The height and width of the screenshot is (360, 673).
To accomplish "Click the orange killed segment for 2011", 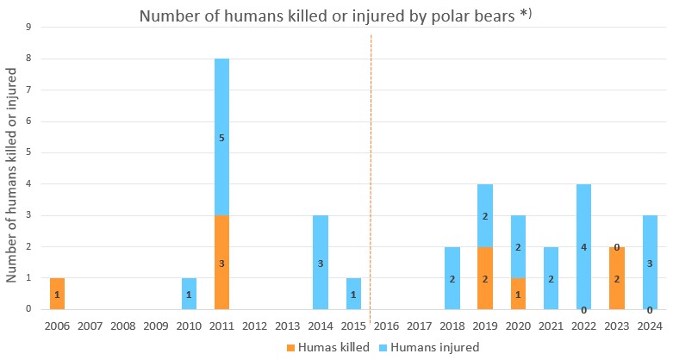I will [x=222, y=262].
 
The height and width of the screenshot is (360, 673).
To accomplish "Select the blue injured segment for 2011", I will [x=222, y=137].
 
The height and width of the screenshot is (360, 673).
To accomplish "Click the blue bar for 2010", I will [x=189, y=294].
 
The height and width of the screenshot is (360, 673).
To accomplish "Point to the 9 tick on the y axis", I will [x=28, y=27].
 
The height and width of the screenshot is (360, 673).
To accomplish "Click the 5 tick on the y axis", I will [x=28, y=152].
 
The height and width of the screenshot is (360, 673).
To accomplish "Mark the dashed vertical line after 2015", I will [x=371, y=172].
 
